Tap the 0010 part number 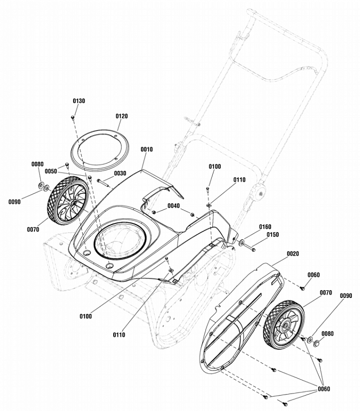pos(147,150)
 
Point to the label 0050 pos(51,171)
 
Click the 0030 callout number pos(120,174)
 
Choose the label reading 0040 pos(174,206)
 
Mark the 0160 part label pos(265,227)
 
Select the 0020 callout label pos(293,254)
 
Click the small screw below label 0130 pos(73,118)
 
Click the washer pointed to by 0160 pos(242,241)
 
